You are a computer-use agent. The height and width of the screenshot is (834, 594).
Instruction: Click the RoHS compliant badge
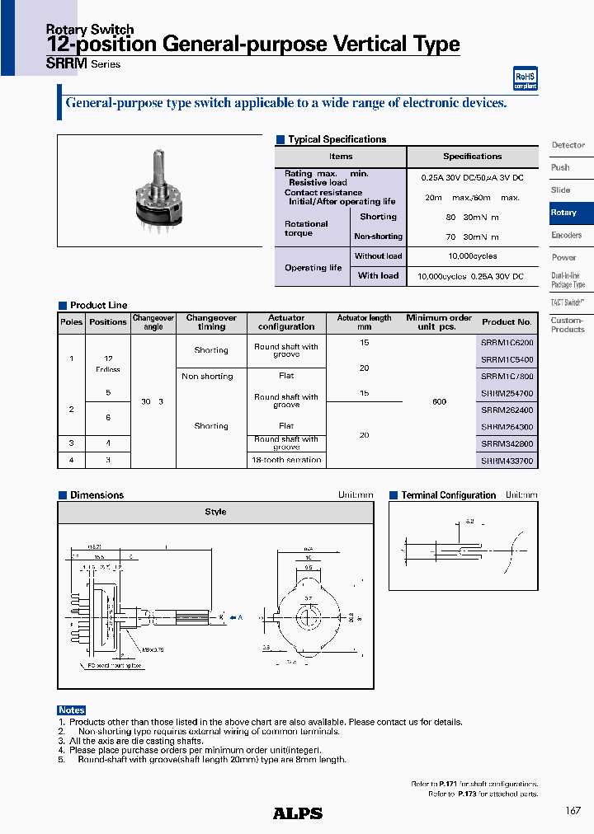point(525,79)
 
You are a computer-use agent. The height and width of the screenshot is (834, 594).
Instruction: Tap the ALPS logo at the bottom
point(297,813)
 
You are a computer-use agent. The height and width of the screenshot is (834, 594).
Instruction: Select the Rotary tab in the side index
point(564,213)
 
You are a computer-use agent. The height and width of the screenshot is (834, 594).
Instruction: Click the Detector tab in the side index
point(568,145)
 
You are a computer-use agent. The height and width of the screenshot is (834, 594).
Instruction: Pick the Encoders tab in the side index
point(566,236)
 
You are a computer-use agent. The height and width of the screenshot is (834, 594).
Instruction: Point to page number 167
point(573,811)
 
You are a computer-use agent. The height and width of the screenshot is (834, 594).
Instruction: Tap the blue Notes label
point(72,710)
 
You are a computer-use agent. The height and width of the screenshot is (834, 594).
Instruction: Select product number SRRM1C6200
point(507,343)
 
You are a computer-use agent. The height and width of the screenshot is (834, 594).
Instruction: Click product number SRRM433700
point(507,460)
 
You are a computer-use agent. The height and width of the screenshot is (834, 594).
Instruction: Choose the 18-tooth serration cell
point(286,460)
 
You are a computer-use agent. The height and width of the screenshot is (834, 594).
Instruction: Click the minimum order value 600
point(439,401)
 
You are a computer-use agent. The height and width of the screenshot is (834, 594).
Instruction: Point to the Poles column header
point(72,322)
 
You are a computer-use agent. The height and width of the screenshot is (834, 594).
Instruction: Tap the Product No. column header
point(507,322)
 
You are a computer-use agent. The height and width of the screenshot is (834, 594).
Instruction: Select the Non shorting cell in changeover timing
point(207,377)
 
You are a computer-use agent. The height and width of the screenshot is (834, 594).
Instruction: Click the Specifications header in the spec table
point(472,157)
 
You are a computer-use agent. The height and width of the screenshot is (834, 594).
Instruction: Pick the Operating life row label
point(313,268)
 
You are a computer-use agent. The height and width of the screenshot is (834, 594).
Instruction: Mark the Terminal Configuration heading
point(448,495)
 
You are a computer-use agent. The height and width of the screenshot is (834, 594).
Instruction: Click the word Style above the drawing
point(215,512)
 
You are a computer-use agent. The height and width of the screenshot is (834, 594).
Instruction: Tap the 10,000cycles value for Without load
point(472,257)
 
